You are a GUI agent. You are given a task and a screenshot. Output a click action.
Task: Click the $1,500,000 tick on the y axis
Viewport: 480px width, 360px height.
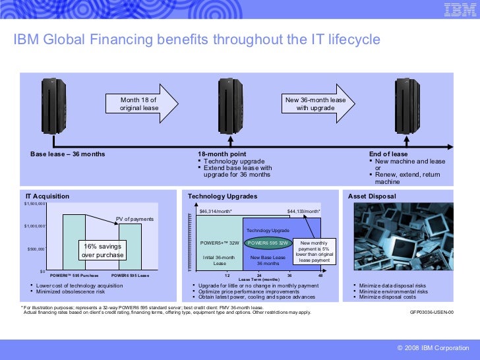click(34, 204)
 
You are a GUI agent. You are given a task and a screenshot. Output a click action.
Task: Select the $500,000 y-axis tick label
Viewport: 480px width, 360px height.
click(35, 249)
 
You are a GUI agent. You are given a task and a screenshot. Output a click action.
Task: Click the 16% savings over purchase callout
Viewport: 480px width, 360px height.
click(102, 251)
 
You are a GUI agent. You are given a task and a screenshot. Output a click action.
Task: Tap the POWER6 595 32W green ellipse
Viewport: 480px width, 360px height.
click(267, 243)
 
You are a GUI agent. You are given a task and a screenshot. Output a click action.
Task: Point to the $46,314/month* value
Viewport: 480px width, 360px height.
click(215, 212)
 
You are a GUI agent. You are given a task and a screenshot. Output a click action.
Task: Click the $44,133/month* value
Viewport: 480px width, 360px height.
click(304, 212)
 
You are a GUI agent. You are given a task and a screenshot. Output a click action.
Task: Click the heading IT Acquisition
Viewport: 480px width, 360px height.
click(47, 196)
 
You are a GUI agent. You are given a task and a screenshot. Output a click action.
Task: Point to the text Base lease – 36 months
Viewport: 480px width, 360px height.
click(68, 154)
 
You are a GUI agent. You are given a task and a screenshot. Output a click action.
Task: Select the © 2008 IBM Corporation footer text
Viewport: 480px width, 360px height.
click(431, 347)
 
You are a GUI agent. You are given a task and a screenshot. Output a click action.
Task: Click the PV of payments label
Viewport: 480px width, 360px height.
click(135, 219)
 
